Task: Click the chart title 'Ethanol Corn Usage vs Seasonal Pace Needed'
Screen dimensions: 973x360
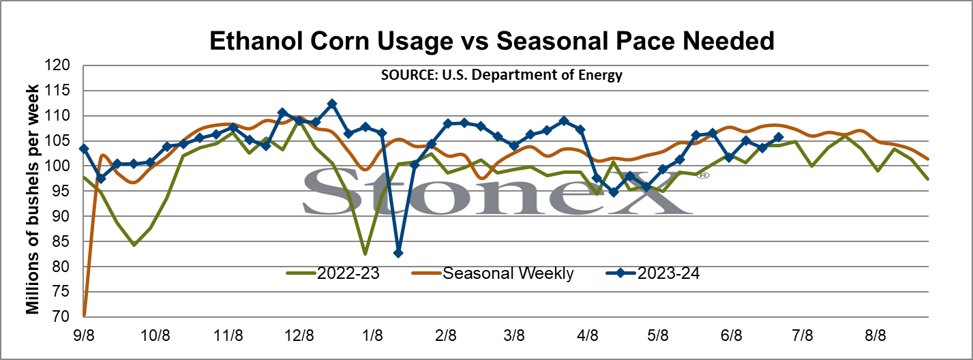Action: pyautogui.click(x=492, y=42)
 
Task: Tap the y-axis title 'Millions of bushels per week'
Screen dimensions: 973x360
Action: pyautogui.click(x=33, y=199)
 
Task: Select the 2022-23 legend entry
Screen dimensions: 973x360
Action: pyautogui.click(x=333, y=273)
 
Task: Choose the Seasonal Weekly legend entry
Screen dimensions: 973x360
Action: pyautogui.click(x=492, y=273)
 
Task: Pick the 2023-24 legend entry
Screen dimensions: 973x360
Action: pyautogui.click(x=653, y=273)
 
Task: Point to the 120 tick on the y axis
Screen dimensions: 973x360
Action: pyautogui.click(x=57, y=65)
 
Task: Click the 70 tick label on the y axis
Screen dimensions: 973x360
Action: pyautogui.click(x=61, y=316)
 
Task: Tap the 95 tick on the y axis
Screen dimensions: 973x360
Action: pyautogui.click(x=61, y=191)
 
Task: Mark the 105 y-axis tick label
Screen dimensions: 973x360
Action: pyautogui.click(x=57, y=140)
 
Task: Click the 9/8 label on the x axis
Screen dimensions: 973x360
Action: pyautogui.click(x=84, y=335)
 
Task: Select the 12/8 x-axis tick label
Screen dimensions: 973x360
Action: pyautogui.click(x=299, y=335)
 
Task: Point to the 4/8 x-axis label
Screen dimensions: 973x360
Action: pyautogui.click(x=587, y=335)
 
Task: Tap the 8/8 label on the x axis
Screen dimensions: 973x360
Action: pyautogui.click(x=875, y=335)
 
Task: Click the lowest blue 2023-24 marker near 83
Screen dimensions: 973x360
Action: pyautogui.click(x=398, y=253)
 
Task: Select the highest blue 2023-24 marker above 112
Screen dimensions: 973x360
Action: pyautogui.click(x=332, y=104)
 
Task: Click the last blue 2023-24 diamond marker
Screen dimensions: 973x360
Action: pyautogui.click(x=779, y=137)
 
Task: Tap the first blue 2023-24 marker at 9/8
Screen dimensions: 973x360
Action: pyautogui.click(x=84, y=149)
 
